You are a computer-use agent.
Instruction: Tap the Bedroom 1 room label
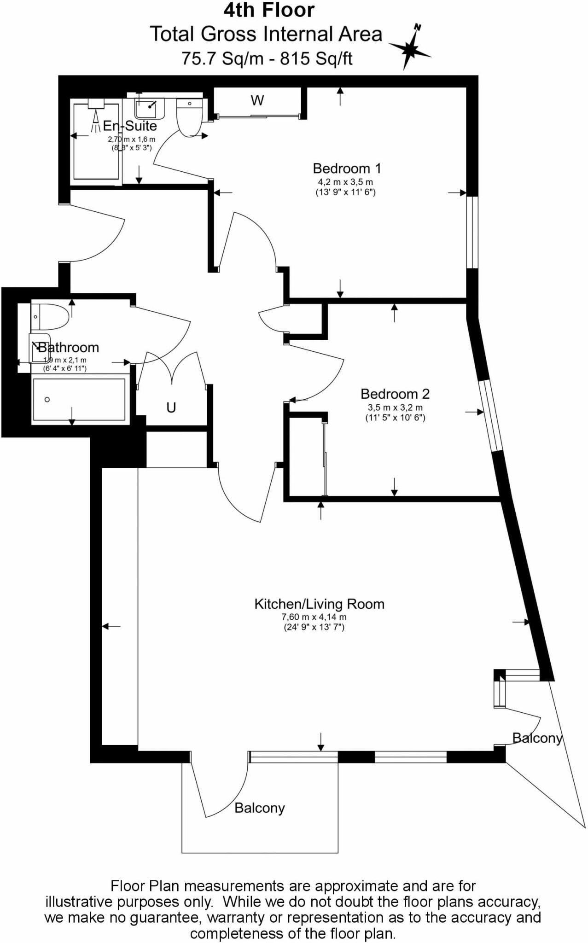click(347, 168)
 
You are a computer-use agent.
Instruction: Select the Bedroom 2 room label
click(395, 394)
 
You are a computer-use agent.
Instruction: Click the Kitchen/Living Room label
click(319, 604)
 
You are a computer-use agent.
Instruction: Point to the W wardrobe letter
click(257, 100)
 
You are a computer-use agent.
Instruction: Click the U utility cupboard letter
click(171, 407)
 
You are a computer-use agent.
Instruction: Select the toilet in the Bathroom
click(50, 317)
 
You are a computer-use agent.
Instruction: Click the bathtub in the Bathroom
click(79, 399)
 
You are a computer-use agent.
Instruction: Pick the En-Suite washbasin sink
click(149, 109)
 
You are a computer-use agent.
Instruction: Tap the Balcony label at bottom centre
click(259, 808)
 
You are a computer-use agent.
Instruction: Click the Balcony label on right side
click(537, 738)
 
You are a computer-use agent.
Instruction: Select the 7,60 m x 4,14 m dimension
click(314, 617)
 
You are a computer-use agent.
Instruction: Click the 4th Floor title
click(269, 11)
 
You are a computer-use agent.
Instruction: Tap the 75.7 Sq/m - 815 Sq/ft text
click(267, 58)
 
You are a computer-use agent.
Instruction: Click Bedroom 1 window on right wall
click(472, 233)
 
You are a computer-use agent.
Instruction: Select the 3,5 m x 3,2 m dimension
click(395, 407)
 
